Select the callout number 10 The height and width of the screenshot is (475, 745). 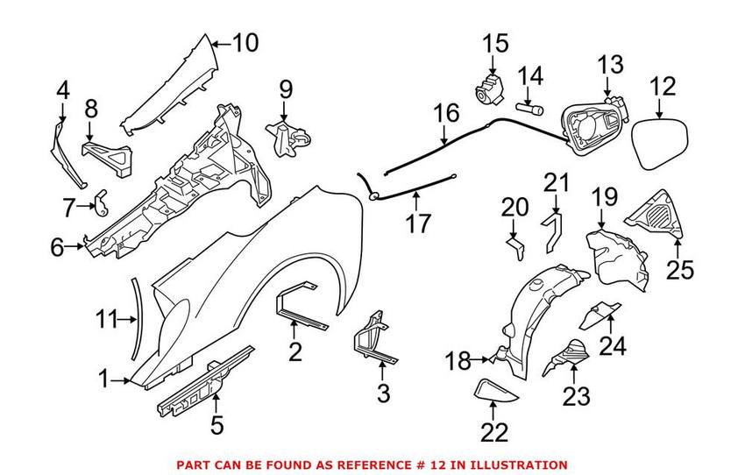[x=245, y=41]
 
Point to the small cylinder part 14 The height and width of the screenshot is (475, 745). [x=531, y=111]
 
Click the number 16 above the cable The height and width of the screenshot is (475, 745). [x=446, y=113]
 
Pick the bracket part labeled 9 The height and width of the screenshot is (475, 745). [x=290, y=137]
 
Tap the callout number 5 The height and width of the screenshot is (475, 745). [x=216, y=426]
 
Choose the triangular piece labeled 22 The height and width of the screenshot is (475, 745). [x=492, y=390]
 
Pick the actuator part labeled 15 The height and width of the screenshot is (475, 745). [x=487, y=89]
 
